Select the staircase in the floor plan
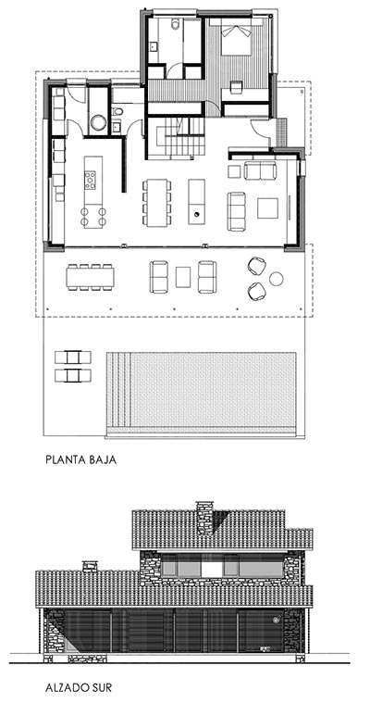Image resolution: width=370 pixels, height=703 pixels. pos(177,137)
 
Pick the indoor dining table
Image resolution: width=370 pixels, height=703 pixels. pos(156,201)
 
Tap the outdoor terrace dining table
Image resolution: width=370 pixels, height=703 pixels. pos(91,276)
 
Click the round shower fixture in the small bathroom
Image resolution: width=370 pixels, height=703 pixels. pos(98,121)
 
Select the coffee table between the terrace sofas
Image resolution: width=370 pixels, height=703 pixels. pos(183,276)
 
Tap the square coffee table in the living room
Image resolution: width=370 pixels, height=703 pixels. pos(268,205)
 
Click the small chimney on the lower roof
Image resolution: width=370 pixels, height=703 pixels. pos(90,565)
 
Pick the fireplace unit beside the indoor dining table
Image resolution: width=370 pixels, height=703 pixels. pos(196,201)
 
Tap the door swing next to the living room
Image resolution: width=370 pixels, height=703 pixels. pos(265,132)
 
